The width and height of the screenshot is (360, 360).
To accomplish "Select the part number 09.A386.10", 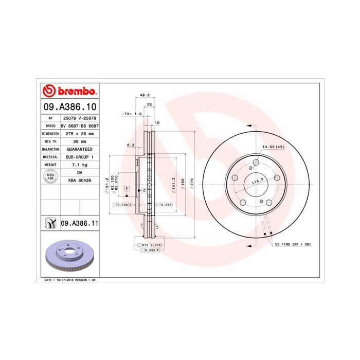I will [x=69, y=107].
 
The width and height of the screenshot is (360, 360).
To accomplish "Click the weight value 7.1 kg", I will [x=79, y=165].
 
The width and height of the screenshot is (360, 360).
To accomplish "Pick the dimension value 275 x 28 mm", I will [x=79, y=133].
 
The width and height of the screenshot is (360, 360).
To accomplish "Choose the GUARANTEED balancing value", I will [x=79, y=149].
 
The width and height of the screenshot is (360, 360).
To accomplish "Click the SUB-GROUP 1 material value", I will [x=79, y=156].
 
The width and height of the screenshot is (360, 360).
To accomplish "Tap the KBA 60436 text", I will [x=79, y=181].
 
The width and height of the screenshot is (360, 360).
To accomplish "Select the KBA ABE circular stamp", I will [x=50, y=176].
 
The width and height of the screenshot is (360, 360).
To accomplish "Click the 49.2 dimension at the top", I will [x=145, y=95].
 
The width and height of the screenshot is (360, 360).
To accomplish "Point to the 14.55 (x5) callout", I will [x=273, y=147].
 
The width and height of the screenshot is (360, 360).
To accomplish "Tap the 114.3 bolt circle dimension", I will [x=257, y=179].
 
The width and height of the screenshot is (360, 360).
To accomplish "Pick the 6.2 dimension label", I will [x=131, y=145].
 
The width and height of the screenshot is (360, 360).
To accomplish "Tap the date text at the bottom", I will [x=71, y=280].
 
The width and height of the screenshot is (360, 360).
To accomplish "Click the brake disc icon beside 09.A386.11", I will [x=50, y=224].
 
